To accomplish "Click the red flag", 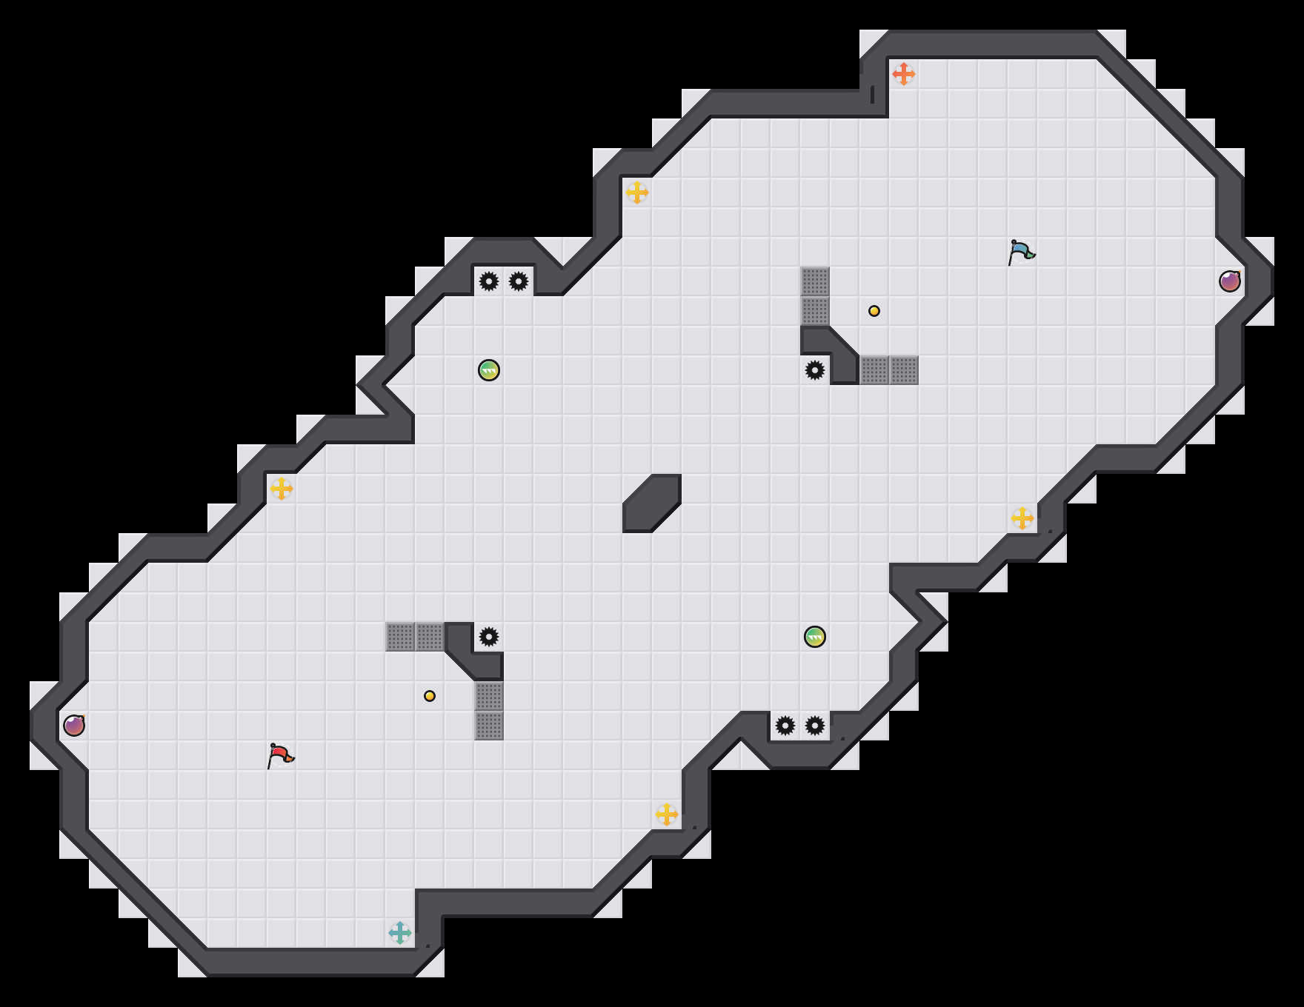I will click(x=280, y=756).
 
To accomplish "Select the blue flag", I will click(x=1021, y=252).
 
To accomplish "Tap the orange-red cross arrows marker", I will click(x=903, y=74).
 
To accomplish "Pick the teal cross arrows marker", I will click(x=400, y=933).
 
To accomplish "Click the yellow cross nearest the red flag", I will click(x=282, y=489).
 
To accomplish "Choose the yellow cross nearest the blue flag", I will click(x=1022, y=518).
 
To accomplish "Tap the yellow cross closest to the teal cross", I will click(x=667, y=814).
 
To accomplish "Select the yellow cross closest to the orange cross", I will click(x=637, y=193).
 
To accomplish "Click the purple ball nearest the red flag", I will click(x=74, y=726).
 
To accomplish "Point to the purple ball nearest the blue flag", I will click(x=1230, y=281).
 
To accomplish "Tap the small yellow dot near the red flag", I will click(x=430, y=696).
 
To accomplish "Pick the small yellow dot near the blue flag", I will click(x=874, y=311).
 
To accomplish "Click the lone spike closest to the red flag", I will click(x=489, y=637).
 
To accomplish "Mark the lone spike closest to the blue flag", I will click(x=815, y=370).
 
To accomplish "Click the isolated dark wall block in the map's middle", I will click(x=652, y=503).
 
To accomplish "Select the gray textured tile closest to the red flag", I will click(x=400, y=637).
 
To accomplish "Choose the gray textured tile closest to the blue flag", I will click(x=904, y=370).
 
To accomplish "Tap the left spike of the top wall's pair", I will click(x=489, y=281).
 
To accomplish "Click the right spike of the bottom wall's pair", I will click(x=815, y=726).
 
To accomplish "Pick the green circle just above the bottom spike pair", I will click(x=815, y=637).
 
